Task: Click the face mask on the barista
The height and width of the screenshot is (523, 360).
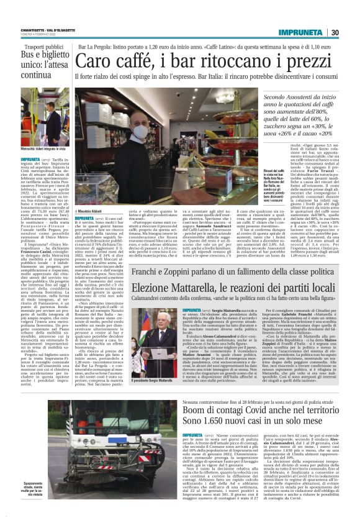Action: [140, 133]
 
